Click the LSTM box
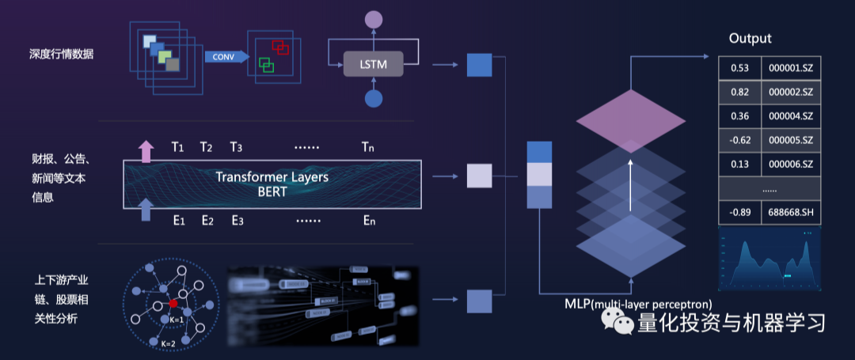(372, 63)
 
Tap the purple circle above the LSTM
(372, 19)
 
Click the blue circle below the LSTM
(372, 99)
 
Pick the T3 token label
(236, 146)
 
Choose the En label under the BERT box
(369, 221)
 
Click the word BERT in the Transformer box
(272, 191)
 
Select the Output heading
(750, 39)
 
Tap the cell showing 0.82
(739, 93)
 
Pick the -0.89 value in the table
(739, 213)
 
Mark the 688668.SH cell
(791, 213)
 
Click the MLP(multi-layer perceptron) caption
(638, 304)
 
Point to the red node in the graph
(173, 304)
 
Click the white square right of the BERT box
(479, 176)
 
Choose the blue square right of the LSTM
(479, 64)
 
